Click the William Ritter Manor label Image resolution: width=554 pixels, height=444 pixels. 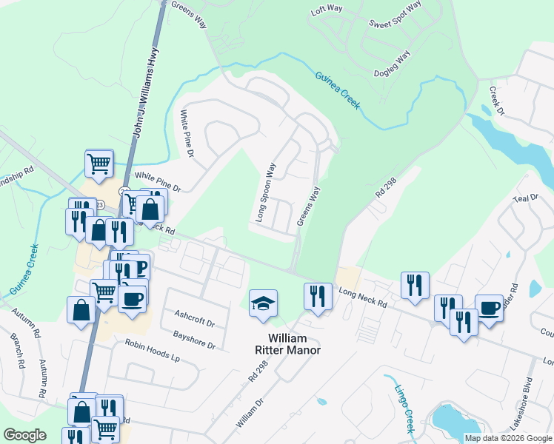(283, 344)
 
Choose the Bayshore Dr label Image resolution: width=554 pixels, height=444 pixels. (195, 339)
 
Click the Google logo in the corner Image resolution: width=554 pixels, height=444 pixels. (24, 435)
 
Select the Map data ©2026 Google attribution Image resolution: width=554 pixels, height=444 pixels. (508, 438)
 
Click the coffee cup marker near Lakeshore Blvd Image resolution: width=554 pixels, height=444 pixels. (489, 307)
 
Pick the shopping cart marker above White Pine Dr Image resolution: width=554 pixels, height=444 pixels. (99, 163)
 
